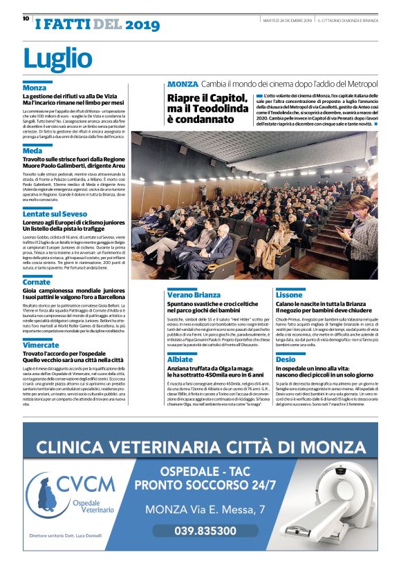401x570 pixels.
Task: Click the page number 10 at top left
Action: click(x=26, y=19)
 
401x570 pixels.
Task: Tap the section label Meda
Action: click(x=32, y=151)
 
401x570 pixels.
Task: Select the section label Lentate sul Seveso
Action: click(x=55, y=214)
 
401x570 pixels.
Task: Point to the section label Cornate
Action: click(x=36, y=282)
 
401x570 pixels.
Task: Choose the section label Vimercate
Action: click(x=40, y=345)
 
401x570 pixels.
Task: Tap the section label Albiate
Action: click(x=180, y=359)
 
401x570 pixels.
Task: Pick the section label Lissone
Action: click(x=289, y=294)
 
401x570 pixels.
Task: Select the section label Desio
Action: click(x=286, y=359)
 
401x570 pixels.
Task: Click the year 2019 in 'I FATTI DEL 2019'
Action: click(x=142, y=26)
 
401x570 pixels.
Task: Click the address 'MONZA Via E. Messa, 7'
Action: click(x=205, y=510)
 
